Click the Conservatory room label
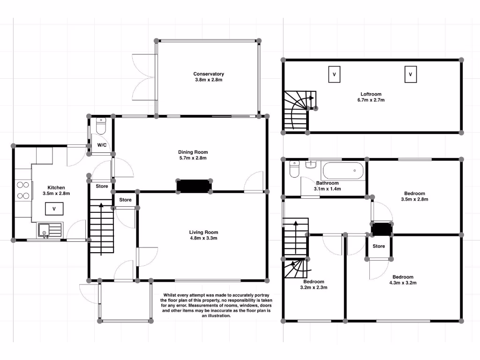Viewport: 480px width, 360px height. [209, 74]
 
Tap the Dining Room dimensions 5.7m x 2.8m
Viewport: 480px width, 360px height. [193, 158]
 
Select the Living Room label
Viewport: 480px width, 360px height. [203, 232]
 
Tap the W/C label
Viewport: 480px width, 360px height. [102, 145]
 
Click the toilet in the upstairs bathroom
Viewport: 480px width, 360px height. [294, 169]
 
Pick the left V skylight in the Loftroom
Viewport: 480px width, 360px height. [334, 75]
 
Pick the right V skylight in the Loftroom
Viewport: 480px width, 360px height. [410, 75]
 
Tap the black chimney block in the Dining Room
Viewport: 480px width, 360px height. [194, 186]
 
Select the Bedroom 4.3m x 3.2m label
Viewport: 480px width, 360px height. [403, 277]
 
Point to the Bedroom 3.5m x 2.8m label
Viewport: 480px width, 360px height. [414, 194]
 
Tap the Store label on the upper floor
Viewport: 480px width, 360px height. [379, 246]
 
